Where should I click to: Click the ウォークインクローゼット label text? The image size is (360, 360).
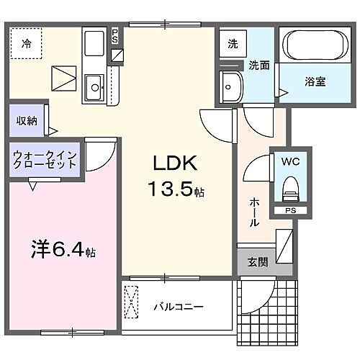pyautogui.click(x=44, y=159)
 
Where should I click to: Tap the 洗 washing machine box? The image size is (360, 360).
pyautogui.click(x=232, y=44)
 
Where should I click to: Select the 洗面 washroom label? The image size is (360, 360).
pyautogui.click(x=259, y=64)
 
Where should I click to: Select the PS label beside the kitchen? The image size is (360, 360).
pyautogui.click(x=116, y=35)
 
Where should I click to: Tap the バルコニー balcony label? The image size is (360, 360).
pyautogui.click(x=178, y=307)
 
